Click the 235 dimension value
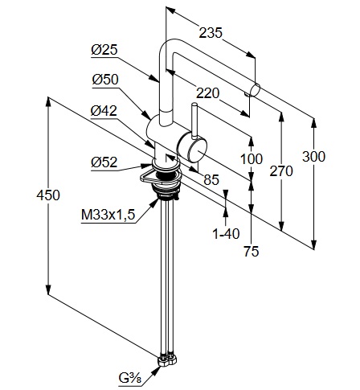pyautogui.click(x=211, y=32)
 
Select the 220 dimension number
pyautogui.click(x=207, y=93)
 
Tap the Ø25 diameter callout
pyautogui.click(x=104, y=50)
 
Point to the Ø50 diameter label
pyautogui.click(x=105, y=80)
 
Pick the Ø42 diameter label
pyautogui.click(x=104, y=110)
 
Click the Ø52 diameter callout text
pyautogui.click(x=104, y=162)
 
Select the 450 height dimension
pyautogui.click(x=48, y=195)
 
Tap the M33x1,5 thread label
pyautogui.click(x=108, y=215)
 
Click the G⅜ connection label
pyautogui.click(x=130, y=378)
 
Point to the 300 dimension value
pyautogui.click(x=313, y=156)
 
